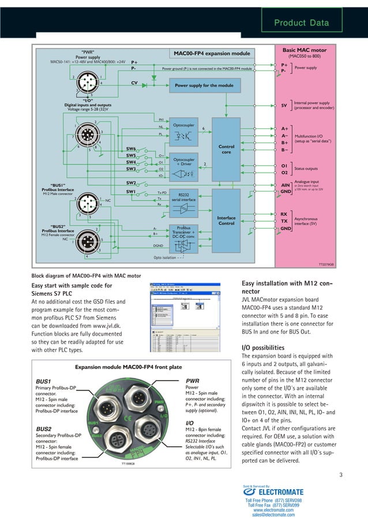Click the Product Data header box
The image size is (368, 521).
pyautogui.click(x=302, y=23)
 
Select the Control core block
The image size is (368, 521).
pyautogui.click(x=226, y=149)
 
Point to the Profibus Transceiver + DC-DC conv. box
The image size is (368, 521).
pyautogui.click(x=184, y=232)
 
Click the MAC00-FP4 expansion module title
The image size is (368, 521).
pyautogui.click(x=212, y=54)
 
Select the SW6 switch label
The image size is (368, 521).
pyautogui.click(x=131, y=149)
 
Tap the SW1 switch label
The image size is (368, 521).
pyautogui.click(x=131, y=191)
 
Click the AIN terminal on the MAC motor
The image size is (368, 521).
pyautogui.click(x=284, y=185)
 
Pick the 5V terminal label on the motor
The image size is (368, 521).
pyautogui.click(x=284, y=106)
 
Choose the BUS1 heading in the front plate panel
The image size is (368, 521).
pyautogui.click(x=44, y=381)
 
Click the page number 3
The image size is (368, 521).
pyautogui.click(x=341, y=475)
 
